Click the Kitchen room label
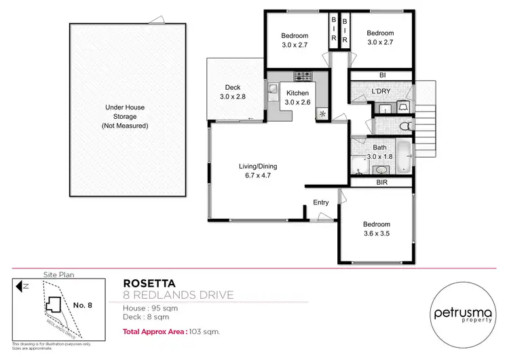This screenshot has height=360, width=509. (297, 93)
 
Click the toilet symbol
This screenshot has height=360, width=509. (404, 126)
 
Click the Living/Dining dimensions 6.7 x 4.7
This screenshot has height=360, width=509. (257, 175)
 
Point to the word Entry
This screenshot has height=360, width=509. (320, 202)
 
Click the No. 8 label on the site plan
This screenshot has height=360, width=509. (81, 305)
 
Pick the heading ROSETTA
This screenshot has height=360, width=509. (145, 283)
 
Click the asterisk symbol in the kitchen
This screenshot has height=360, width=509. (322, 113)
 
